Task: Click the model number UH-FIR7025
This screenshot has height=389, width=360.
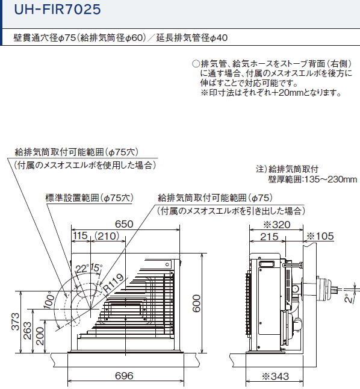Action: click(58, 10)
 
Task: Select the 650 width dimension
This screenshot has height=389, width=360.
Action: click(124, 224)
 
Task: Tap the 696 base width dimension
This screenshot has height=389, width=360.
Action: click(124, 376)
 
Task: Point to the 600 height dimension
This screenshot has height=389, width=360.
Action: click(196, 303)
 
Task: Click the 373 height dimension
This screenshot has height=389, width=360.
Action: click(16, 322)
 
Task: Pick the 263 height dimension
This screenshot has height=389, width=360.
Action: click(27, 331)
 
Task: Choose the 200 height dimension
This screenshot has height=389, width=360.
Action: click(40, 336)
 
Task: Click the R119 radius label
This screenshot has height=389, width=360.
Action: click(113, 283)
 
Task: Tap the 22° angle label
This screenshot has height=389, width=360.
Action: click(82, 269)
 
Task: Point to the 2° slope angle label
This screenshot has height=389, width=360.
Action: click(349, 298)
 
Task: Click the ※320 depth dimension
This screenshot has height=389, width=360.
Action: click(276, 225)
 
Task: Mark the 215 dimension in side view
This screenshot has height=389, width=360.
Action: click(269, 237)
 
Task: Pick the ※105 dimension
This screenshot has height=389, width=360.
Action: click(320, 236)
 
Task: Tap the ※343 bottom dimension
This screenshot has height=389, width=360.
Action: click(275, 376)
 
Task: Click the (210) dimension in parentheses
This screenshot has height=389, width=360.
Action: click(107, 235)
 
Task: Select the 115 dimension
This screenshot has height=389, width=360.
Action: click(80, 235)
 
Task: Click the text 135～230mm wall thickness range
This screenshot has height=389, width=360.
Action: click(331, 179)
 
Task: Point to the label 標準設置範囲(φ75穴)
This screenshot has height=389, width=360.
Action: click(90, 198)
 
